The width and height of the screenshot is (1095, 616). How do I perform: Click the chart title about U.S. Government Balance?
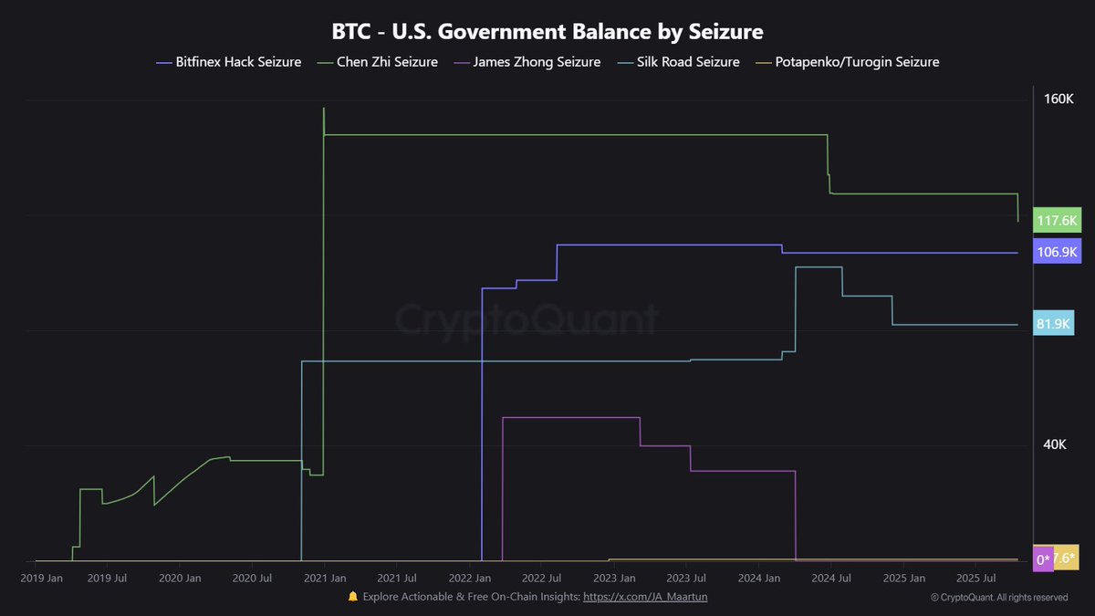pyautogui.click(x=547, y=31)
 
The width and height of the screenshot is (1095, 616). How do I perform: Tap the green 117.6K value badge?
pyautogui.click(x=1057, y=220)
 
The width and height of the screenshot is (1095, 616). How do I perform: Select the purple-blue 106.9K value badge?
pyautogui.click(x=1057, y=252)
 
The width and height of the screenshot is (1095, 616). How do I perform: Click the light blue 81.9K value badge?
pyautogui.click(x=1053, y=324)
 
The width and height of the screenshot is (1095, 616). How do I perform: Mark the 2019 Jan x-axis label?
pyautogui.click(x=41, y=578)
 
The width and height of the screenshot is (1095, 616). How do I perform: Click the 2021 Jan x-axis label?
pyautogui.click(x=326, y=578)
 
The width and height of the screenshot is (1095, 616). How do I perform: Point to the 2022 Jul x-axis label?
pyautogui.click(x=541, y=578)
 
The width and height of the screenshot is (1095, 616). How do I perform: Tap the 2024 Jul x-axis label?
pyautogui.click(x=830, y=578)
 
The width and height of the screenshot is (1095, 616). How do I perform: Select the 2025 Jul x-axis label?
pyautogui.click(x=974, y=578)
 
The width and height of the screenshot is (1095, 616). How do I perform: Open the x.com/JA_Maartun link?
pyautogui.click(x=645, y=597)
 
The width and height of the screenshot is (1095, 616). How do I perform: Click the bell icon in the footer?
pyautogui.click(x=353, y=597)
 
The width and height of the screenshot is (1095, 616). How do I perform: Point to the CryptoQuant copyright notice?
pyautogui.click(x=999, y=598)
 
